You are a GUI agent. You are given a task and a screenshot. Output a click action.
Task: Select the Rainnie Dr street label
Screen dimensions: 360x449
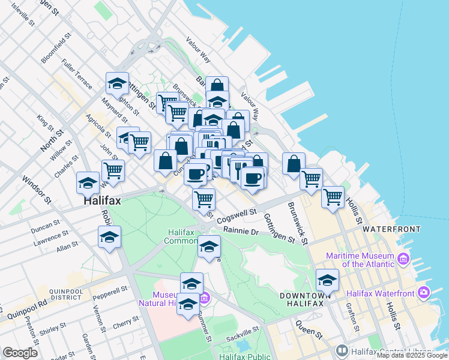pos(240,230)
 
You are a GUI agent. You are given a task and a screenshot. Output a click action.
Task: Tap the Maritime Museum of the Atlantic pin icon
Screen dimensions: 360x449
pos(402,260)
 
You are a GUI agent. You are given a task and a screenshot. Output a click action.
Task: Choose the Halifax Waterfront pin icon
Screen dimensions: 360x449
pos(424,293)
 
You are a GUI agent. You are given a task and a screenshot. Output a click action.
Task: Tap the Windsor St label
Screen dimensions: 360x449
pos(35,187)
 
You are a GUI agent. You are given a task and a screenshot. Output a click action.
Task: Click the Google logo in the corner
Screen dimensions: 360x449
pos(20,353)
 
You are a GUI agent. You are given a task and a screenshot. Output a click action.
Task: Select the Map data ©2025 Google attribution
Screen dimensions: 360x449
pos(412,355)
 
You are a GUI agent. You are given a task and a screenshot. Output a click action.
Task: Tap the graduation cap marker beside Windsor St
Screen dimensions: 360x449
pos(88,182)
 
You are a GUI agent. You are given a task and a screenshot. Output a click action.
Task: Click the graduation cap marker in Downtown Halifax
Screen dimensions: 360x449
pos(327,280)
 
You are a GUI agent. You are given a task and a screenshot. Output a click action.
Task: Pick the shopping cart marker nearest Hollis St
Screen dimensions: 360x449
pos(333,196)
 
